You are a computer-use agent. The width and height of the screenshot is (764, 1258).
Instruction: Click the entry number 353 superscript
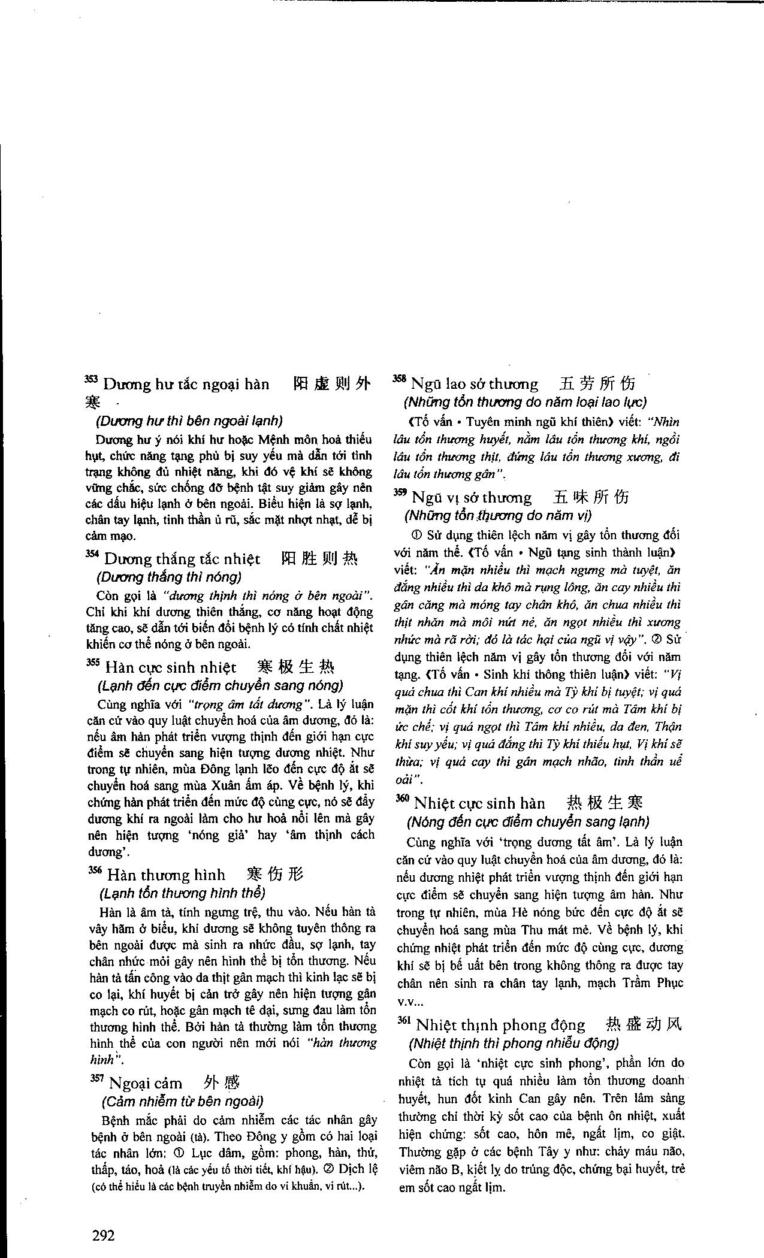(91, 379)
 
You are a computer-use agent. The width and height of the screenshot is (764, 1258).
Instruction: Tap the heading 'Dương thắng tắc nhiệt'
(182, 559)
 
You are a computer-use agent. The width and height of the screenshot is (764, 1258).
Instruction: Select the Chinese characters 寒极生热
(295, 667)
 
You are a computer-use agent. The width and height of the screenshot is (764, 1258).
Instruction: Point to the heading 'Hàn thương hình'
(166, 875)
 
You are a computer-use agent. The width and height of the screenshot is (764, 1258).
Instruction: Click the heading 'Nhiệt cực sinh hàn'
(479, 803)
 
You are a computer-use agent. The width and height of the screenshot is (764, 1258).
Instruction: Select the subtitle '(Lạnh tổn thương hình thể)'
(182, 893)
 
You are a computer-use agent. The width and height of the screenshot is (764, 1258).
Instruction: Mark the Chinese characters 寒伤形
(275, 875)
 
